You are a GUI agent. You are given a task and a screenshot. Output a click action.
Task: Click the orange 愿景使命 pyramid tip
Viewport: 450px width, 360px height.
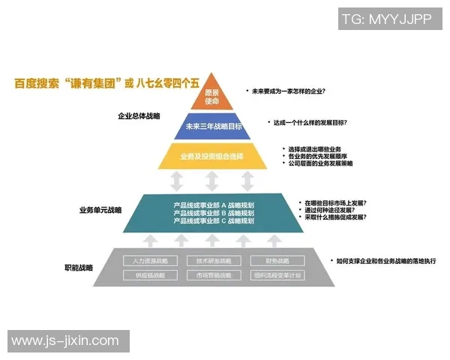212,96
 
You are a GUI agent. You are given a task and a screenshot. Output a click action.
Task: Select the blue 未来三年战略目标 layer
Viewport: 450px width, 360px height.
213,127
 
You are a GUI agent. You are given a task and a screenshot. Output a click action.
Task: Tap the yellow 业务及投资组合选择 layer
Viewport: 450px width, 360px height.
212,156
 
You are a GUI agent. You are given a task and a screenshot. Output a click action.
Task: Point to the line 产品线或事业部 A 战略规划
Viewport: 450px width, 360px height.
214,205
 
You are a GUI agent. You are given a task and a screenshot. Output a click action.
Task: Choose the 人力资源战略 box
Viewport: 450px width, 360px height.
150,261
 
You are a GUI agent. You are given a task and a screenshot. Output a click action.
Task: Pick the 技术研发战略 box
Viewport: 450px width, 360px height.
214,261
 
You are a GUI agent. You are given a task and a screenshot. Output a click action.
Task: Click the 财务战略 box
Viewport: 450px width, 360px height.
277,261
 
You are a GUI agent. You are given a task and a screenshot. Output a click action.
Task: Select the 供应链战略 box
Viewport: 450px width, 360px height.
150,275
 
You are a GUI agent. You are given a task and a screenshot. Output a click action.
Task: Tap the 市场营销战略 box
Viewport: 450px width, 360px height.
214,275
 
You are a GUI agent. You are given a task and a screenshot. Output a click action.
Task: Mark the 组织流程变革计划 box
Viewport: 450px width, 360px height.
277,275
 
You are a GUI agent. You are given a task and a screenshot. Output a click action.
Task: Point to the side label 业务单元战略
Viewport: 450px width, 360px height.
100,211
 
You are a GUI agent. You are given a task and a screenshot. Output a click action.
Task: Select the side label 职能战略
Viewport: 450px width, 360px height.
79,268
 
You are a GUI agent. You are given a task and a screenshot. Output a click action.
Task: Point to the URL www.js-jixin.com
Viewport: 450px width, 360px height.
65,341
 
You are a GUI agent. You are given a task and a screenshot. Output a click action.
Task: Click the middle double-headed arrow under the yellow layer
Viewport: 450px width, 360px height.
212,181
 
